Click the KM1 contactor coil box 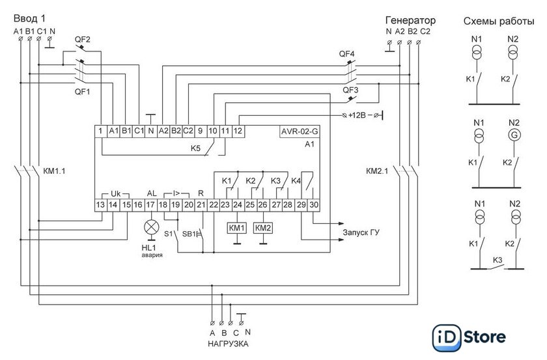[237, 228]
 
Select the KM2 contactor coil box [263, 228]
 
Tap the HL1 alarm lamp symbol [151, 227]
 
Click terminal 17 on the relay [150, 205]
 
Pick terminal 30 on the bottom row [314, 205]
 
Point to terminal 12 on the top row [238, 131]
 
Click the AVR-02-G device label [300, 132]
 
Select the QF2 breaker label [82, 40]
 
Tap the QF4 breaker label [346, 54]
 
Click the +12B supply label [357, 115]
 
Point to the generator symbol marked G [514, 135]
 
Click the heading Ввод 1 [29, 18]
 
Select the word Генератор [411, 20]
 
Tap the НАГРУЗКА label [228, 344]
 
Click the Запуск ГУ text [361, 232]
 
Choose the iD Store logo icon [447, 337]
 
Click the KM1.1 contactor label [54, 171]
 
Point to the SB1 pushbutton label [189, 234]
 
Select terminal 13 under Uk [100, 205]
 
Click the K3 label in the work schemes [498, 260]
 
